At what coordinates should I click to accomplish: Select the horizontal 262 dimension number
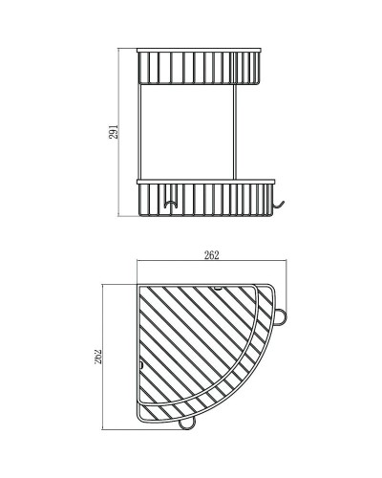[211, 255]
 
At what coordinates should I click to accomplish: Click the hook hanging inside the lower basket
[172, 204]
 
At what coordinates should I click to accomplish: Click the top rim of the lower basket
[206, 179]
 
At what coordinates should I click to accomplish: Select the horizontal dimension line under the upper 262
[211, 264]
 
